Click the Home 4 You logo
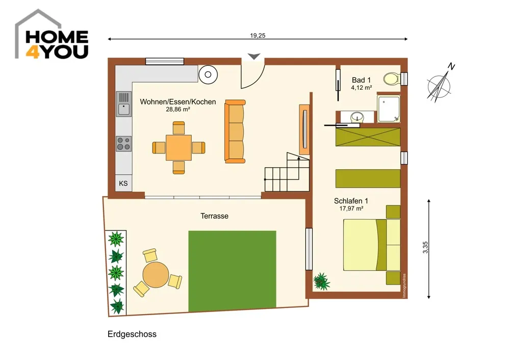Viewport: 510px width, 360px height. tap(52, 35)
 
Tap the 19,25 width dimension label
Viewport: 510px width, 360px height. tap(258, 36)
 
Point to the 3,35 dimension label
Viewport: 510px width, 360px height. tap(425, 247)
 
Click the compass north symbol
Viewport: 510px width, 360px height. tap(440, 85)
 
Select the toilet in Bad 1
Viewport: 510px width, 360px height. tap(391, 79)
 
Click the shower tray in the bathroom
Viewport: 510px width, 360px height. tap(389, 109)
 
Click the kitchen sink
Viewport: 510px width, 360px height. tap(124, 104)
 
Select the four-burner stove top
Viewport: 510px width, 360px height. tap(124, 144)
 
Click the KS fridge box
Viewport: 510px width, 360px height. tap(123, 184)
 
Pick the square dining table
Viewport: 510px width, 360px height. tap(178, 148)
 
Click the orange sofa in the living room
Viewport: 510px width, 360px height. tap(235, 132)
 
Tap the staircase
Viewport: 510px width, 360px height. tap(287, 172)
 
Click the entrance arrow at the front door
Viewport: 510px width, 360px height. tap(254, 56)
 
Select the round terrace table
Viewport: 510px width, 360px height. tap(156, 275)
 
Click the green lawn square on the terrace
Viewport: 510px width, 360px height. tap(232, 271)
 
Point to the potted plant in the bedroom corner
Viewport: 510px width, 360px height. tap(321, 281)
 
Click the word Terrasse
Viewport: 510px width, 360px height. tap(214, 216)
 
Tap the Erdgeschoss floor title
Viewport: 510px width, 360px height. tap(132, 335)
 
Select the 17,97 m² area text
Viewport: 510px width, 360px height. tap(351, 209)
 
